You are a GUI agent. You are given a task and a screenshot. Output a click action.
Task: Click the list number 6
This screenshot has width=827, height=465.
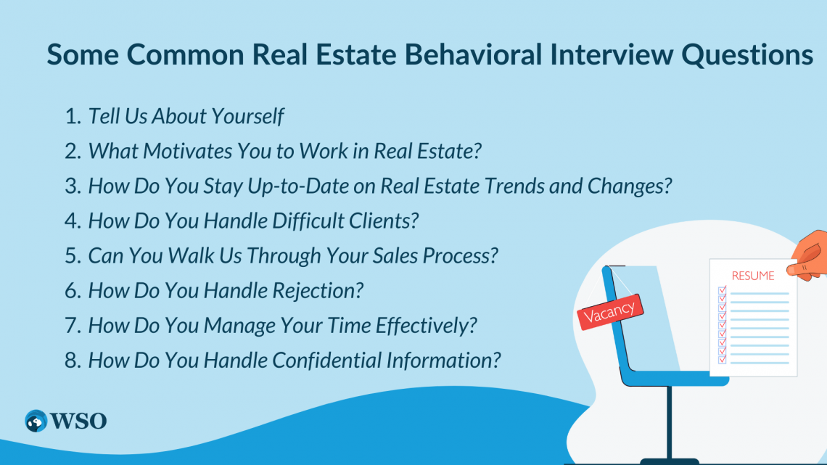point(72,291)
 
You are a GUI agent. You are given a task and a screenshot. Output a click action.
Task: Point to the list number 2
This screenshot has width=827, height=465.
point(72,152)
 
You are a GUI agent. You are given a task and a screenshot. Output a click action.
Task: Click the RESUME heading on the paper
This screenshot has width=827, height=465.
point(752,276)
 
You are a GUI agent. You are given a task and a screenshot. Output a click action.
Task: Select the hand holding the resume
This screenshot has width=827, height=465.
point(810,255)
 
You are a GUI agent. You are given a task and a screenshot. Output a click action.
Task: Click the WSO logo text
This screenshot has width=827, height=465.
point(79,420)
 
